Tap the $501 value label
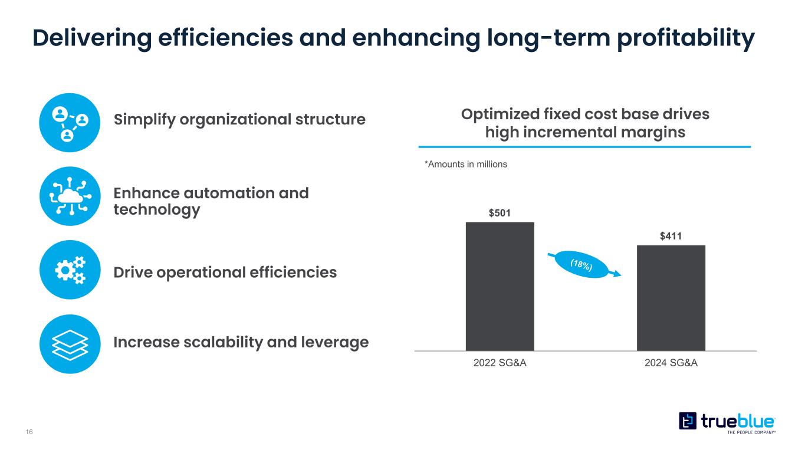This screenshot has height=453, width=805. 500,212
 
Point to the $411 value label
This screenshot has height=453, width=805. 671,236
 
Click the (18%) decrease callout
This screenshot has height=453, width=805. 582,267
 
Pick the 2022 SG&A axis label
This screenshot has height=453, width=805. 500,363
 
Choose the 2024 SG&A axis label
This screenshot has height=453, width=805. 671,363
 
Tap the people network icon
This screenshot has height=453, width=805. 68,123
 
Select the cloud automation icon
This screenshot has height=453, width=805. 68,196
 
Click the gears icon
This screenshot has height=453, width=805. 68,270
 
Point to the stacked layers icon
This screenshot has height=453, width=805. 68,344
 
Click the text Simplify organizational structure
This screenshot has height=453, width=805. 239,120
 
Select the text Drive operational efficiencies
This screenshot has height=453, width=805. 225,272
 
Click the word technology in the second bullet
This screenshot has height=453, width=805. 156,209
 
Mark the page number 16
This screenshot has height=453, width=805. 29,432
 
